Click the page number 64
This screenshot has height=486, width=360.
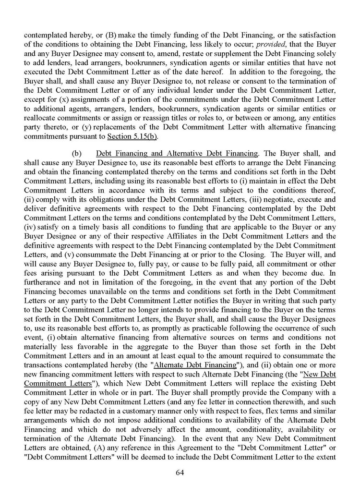(180, 473)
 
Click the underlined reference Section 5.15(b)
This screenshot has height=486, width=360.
(143, 136)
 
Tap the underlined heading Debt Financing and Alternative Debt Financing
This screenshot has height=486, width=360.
(177, 153)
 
